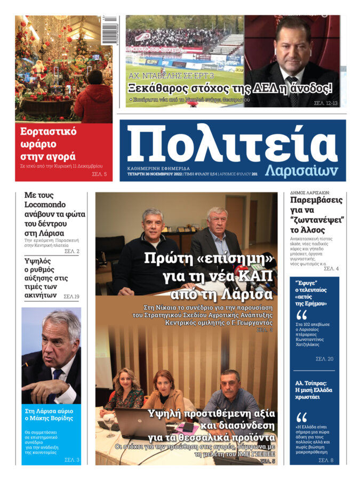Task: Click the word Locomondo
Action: (x=47, y=205)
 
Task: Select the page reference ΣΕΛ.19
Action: (x=71, y=296)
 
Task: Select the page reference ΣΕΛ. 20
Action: (x=323, y=359)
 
